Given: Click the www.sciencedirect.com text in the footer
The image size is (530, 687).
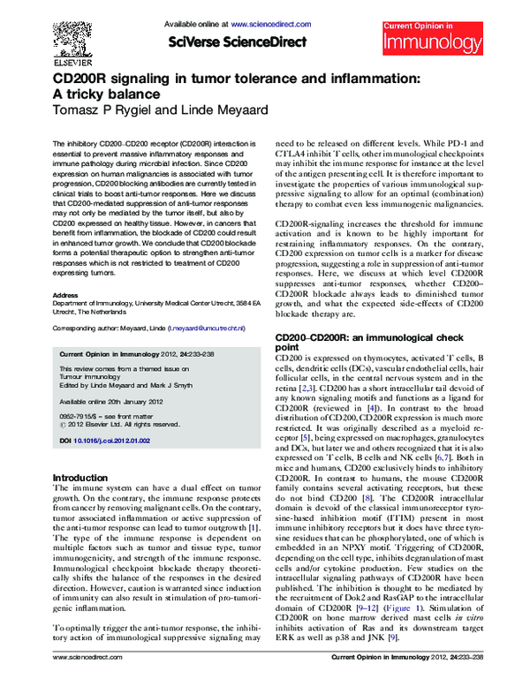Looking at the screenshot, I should tap(87, 682).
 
